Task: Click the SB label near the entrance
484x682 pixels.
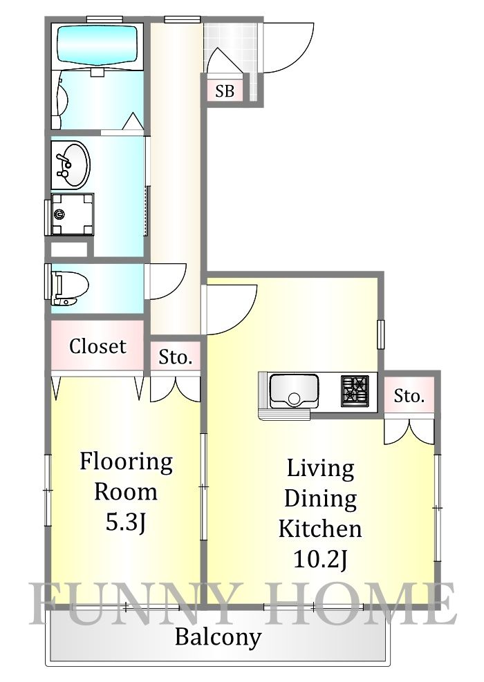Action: click(224, 91)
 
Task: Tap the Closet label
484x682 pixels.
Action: click(97, 346)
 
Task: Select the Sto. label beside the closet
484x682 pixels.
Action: click(175, 357)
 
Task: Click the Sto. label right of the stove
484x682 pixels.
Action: click(409, 396)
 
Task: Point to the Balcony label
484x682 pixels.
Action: click(218, 636)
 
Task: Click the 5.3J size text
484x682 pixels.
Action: click(125, 523)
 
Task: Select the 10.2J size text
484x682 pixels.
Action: click(319, 559)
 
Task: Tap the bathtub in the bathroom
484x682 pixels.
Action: click(97, 45)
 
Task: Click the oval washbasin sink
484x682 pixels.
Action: click(70, 164)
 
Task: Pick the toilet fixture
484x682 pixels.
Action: click(69, 288)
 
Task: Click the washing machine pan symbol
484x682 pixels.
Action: click(73, 214)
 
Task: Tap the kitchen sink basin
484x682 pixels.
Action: click(294, 391)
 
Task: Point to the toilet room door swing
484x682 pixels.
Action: click(166, 281)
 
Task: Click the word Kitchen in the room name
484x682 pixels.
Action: click(319, 529)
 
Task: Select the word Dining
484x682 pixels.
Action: click(319, 498)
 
